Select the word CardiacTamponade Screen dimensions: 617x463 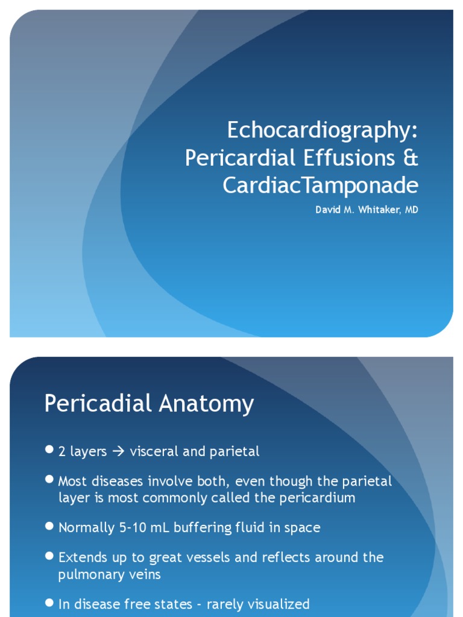(320, 186)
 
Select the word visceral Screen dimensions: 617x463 (160, 451)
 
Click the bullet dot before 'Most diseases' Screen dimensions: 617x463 (49, 480)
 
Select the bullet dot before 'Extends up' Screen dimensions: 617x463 (49, 556)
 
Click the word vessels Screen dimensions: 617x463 (204, 557)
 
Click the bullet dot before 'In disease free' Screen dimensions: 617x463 (49, 603)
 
